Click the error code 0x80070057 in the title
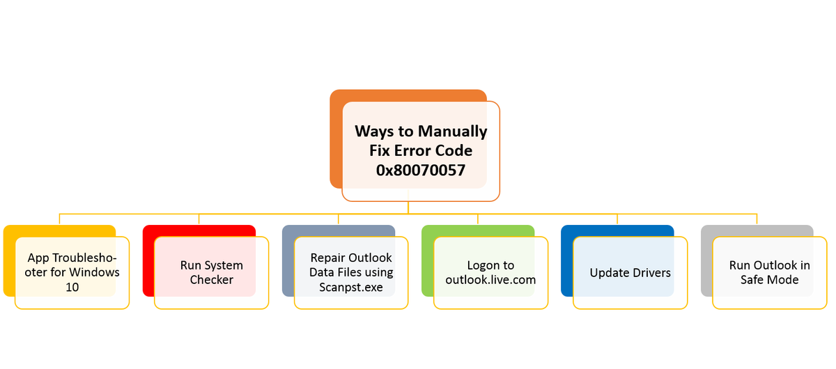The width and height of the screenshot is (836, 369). (421, 169)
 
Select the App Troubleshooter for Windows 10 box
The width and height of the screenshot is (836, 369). (72, 272)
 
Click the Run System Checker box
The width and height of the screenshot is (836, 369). (211, 272)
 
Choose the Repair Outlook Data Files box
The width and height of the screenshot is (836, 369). (351, 272)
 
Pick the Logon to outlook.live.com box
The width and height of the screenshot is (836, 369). (490, 272)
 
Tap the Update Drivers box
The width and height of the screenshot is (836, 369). (630, 272)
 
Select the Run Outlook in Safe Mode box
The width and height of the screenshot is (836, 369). (769, 272)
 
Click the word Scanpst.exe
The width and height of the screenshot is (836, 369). (351, 288)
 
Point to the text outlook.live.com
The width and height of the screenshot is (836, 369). (490, 280)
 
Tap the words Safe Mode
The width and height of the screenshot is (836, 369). (769, 280)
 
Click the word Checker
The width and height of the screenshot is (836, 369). (212, 280)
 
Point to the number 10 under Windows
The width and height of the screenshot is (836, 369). (72, 288)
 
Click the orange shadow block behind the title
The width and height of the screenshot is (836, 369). (336, 139)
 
